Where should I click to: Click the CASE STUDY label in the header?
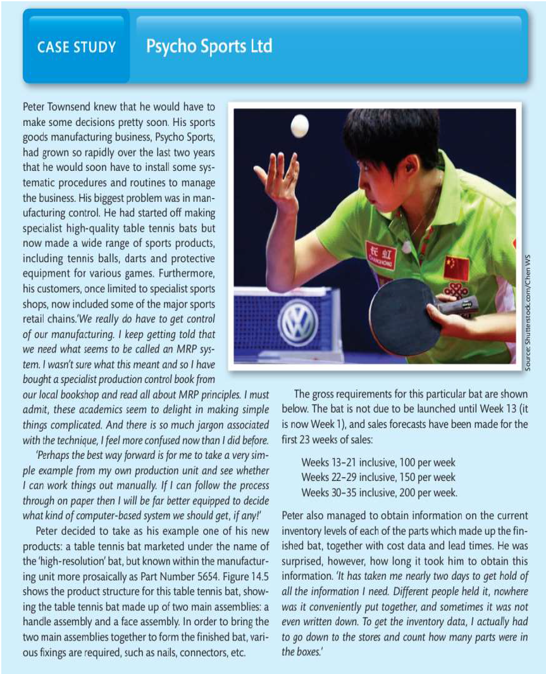(x=77, y=47)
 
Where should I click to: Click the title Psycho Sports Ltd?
(x=209, y=46)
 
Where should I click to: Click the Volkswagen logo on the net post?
(x=297, y=323)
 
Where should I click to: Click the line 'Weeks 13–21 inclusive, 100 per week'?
(x=378, y=463)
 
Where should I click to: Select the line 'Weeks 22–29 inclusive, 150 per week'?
(x=378, y=477)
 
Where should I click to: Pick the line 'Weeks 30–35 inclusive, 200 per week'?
(x=379, y=492)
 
